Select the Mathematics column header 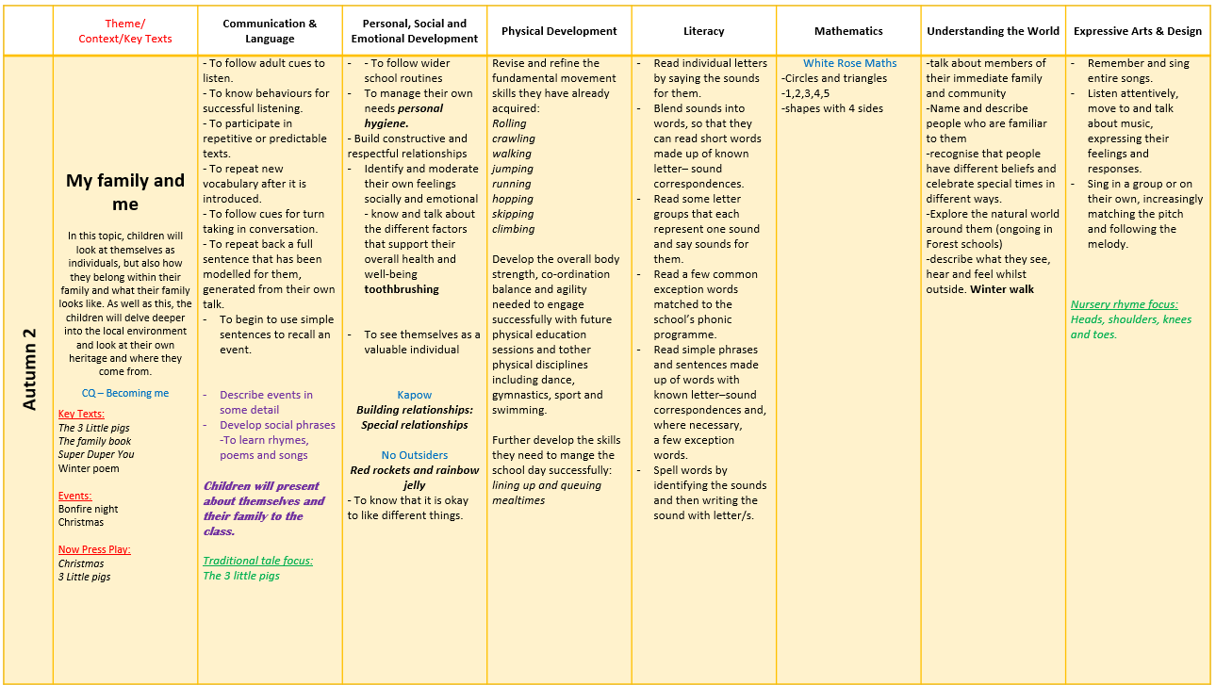point(848,31)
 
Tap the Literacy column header point(703,31)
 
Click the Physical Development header point(559,31)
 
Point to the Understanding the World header point(993,31)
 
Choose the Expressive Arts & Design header point(1138,31)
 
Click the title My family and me point(125,192)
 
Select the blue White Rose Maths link point(849,63)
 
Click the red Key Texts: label point(81,414)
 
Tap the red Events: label point(75,496)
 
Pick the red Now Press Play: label point(94,549)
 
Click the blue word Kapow point(415,395)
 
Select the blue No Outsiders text point(415,455)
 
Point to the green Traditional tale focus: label point(258,561)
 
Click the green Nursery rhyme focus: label point(1125,304)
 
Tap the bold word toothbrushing point(402,289)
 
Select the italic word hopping point(513,199)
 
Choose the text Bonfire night point(89,509)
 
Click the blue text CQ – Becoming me point(125,393)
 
